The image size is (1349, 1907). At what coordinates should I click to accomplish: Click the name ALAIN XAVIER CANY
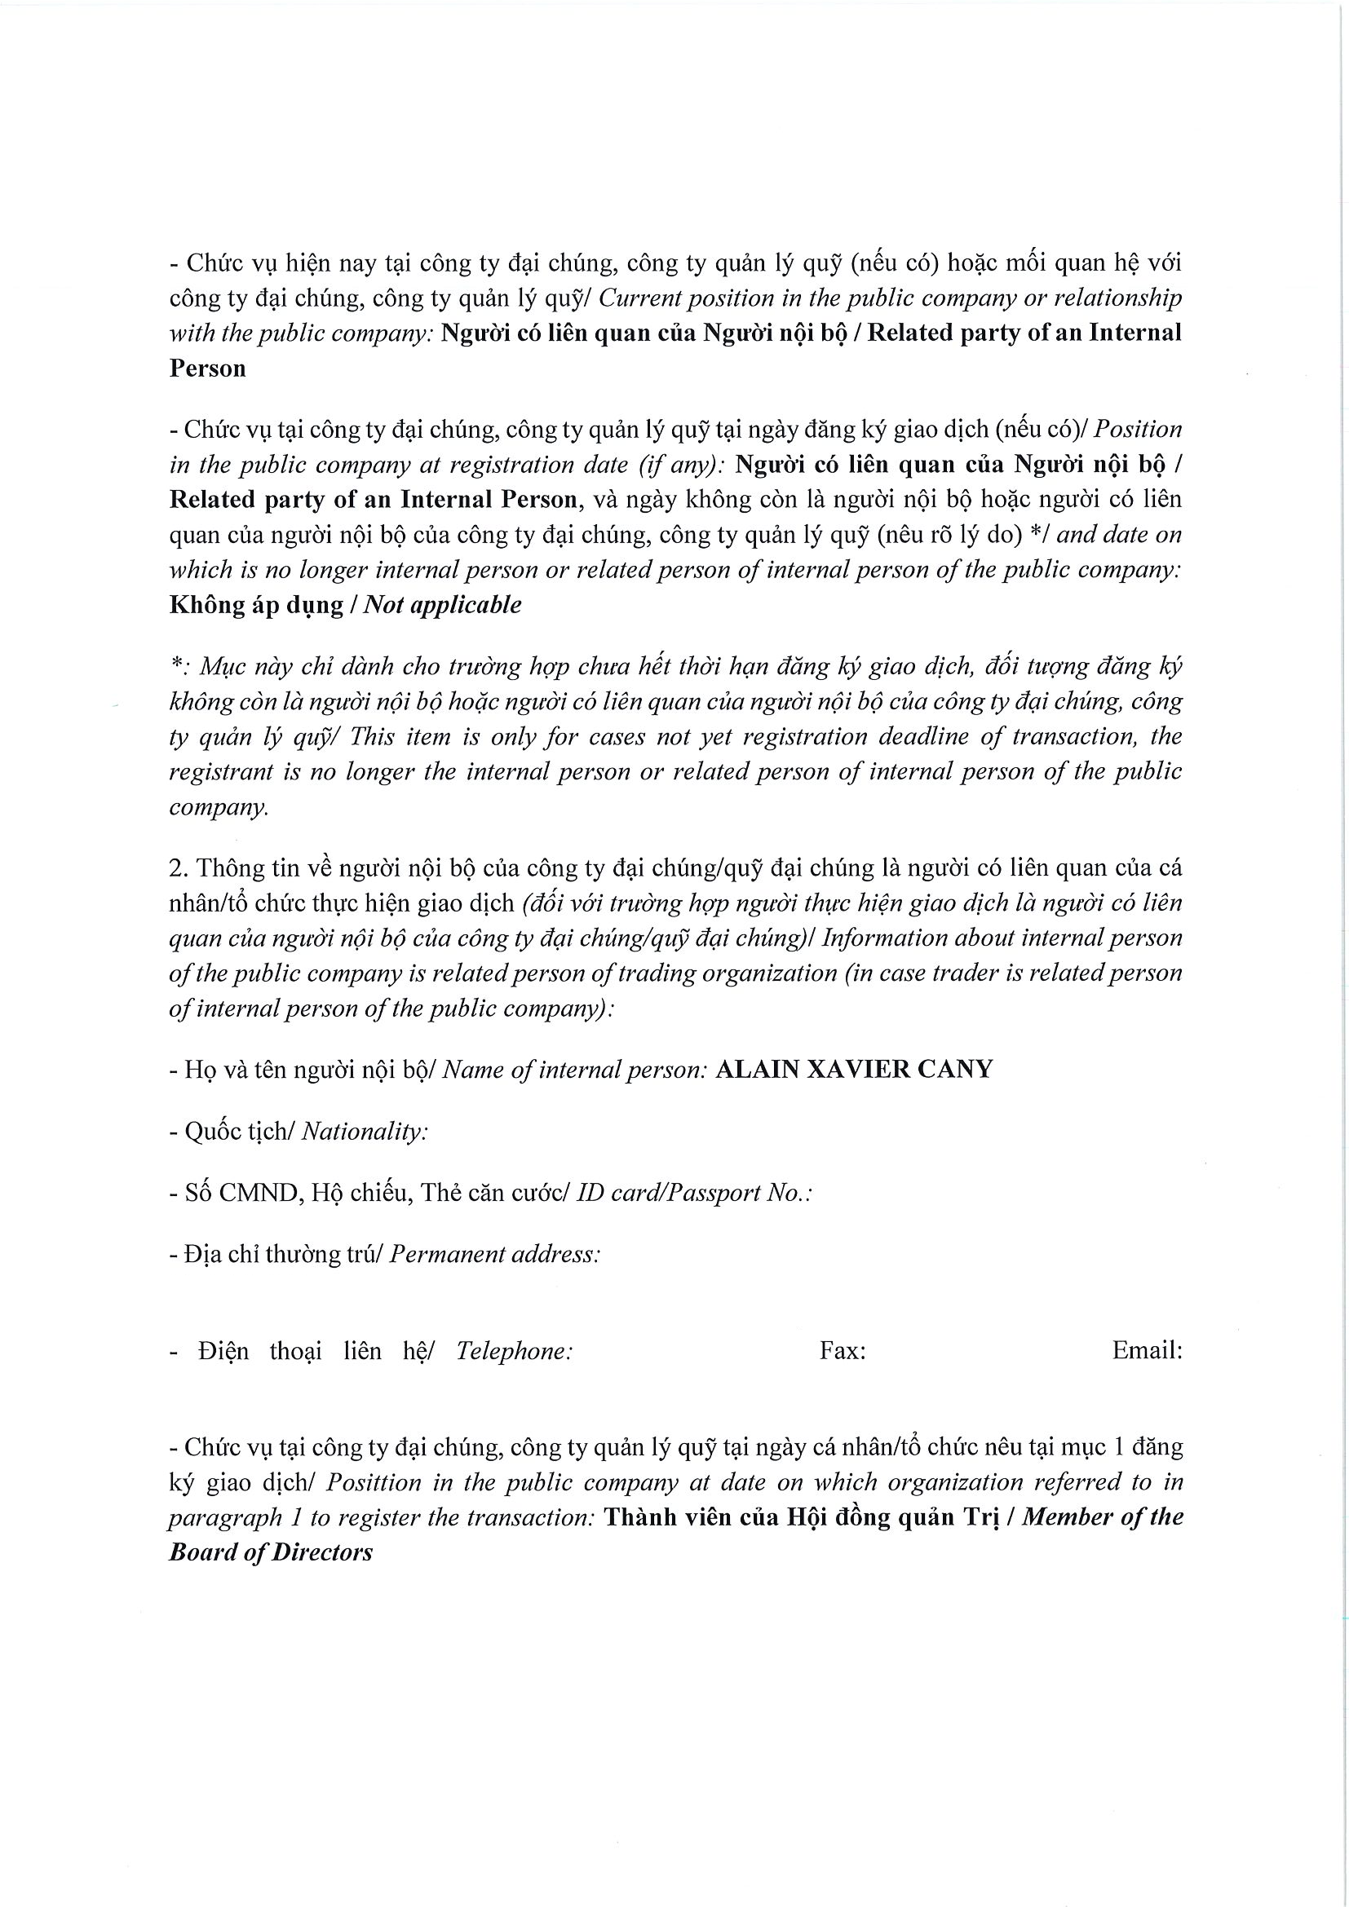[853, 1070]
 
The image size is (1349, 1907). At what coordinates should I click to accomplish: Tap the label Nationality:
[364, 1132]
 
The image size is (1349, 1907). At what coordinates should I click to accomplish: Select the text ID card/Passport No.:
[693, 1193]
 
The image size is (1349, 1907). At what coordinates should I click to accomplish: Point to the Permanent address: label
[494, 1254]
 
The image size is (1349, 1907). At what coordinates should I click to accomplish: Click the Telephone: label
[514, 1351]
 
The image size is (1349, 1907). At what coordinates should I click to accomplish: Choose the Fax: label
[843, 1351]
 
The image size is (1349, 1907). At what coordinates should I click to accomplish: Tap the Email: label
[1146, 1351]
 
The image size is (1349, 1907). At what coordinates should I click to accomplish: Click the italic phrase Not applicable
[443, 605]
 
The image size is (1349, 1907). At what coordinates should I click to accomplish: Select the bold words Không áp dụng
[256, 606]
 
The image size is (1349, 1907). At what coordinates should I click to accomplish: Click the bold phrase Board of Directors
[271, 1552]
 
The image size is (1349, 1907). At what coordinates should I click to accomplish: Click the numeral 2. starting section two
[179, 869]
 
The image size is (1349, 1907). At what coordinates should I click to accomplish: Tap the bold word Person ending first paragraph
[208, 369]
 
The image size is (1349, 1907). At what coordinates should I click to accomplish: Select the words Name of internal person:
[574, 1070]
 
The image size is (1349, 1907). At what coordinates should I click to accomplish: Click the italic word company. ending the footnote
[219, 807]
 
